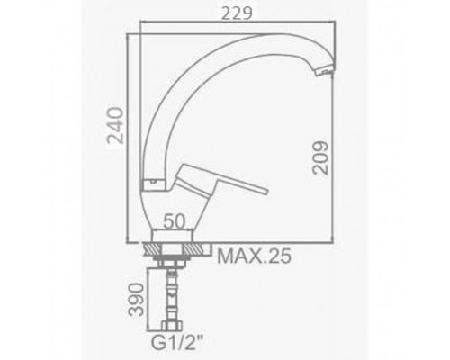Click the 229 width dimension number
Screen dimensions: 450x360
237,13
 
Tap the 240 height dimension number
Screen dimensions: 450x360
116,126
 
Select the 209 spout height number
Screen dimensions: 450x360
320,157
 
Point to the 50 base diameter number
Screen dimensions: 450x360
174,222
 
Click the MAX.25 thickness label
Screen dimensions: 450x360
254,256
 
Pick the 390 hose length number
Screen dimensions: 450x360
136,300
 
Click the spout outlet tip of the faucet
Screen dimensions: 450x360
324,71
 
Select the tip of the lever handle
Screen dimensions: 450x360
265,191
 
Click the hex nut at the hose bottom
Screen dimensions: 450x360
172,326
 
